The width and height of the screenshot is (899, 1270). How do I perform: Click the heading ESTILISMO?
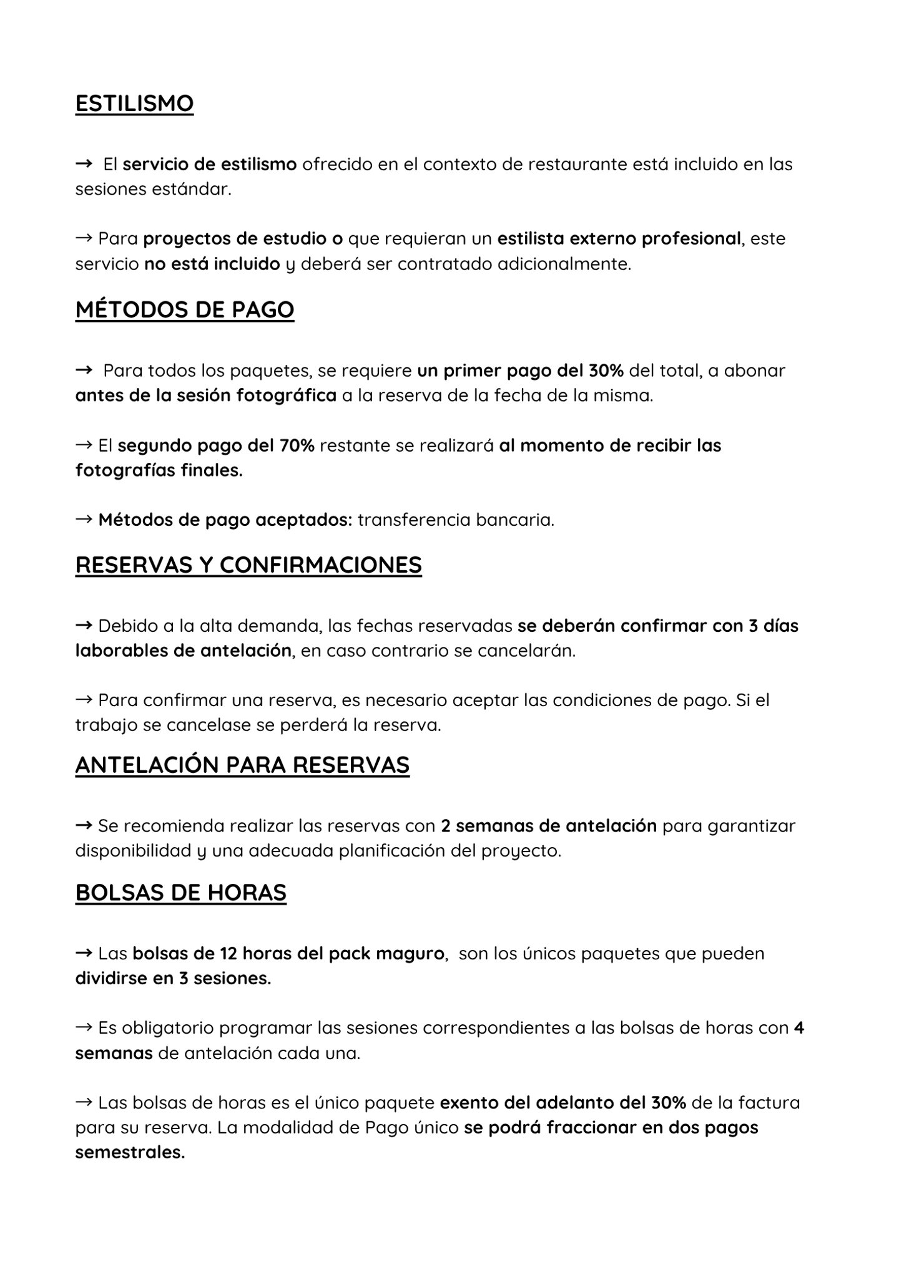[134, 104]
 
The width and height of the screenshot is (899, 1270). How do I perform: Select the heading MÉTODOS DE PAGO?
[185, 309]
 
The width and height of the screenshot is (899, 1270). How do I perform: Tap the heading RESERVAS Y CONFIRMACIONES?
[248, 565]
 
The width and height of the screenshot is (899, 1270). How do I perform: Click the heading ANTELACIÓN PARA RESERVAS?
[242, 765]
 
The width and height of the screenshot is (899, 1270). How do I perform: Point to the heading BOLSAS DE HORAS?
[180, 893]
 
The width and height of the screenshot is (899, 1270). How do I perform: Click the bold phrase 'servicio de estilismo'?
[209, 165]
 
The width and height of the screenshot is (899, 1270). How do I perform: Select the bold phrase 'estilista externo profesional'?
[619, 239]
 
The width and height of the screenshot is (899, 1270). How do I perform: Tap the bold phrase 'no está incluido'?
[212, 264]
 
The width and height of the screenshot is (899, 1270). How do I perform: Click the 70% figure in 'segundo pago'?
[293, 445]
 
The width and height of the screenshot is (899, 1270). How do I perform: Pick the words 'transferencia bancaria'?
[456, 520]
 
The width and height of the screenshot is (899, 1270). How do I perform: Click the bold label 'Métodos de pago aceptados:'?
[225, 520]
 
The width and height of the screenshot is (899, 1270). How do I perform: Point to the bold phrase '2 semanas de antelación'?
[548, 826]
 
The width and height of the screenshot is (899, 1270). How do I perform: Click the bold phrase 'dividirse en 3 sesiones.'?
[173, 978]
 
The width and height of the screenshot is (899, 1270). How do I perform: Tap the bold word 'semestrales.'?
[130, 1153]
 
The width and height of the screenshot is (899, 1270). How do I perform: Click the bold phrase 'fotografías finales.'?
[159, 470]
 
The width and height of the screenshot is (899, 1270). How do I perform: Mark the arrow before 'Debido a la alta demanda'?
[84, 625]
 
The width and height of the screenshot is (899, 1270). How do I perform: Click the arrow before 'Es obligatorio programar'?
[84, 1027]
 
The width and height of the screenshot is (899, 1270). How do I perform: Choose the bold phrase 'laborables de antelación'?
[183, 651]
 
